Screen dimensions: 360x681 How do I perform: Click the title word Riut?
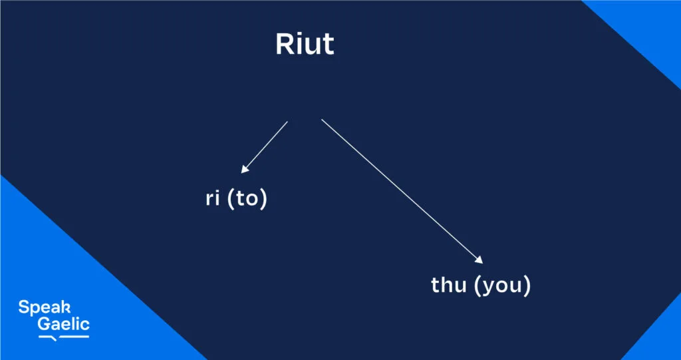[305, 45]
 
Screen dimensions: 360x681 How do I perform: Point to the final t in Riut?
[328, 45]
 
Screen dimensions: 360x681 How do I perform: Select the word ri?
[213, 200]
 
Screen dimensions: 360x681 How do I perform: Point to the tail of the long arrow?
[323, 121]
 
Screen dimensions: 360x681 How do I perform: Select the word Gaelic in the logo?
[63, 325]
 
